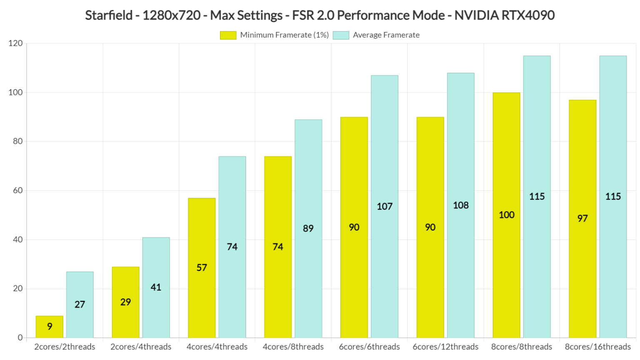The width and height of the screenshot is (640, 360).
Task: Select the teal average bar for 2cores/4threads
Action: (156, 287)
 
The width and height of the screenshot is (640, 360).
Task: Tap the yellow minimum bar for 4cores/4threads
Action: (202, 267)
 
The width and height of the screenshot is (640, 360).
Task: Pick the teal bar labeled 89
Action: (308, 228)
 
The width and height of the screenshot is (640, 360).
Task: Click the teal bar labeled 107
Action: (385, 206)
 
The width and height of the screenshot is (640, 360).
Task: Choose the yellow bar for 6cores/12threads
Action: (430, 227)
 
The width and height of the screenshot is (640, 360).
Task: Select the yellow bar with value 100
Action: (506, 215)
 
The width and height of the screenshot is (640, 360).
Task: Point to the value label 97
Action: (582, 218)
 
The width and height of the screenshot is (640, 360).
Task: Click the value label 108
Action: (461, 205)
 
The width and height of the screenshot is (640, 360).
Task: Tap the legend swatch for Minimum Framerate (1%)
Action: (228, 35)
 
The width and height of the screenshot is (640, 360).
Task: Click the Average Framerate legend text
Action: (386, 35)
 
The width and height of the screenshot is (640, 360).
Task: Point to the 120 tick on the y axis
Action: (15, 43)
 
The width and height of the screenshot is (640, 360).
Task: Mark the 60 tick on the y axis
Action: (17, 190)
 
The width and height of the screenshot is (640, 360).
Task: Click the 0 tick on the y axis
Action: (20, 337)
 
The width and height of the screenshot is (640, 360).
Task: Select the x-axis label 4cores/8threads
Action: (293, 347)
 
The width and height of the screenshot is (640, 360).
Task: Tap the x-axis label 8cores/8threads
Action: (521, 347)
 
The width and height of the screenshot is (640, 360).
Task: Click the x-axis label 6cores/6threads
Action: (369, 347)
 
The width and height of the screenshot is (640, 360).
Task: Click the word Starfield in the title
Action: (109, 15)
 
